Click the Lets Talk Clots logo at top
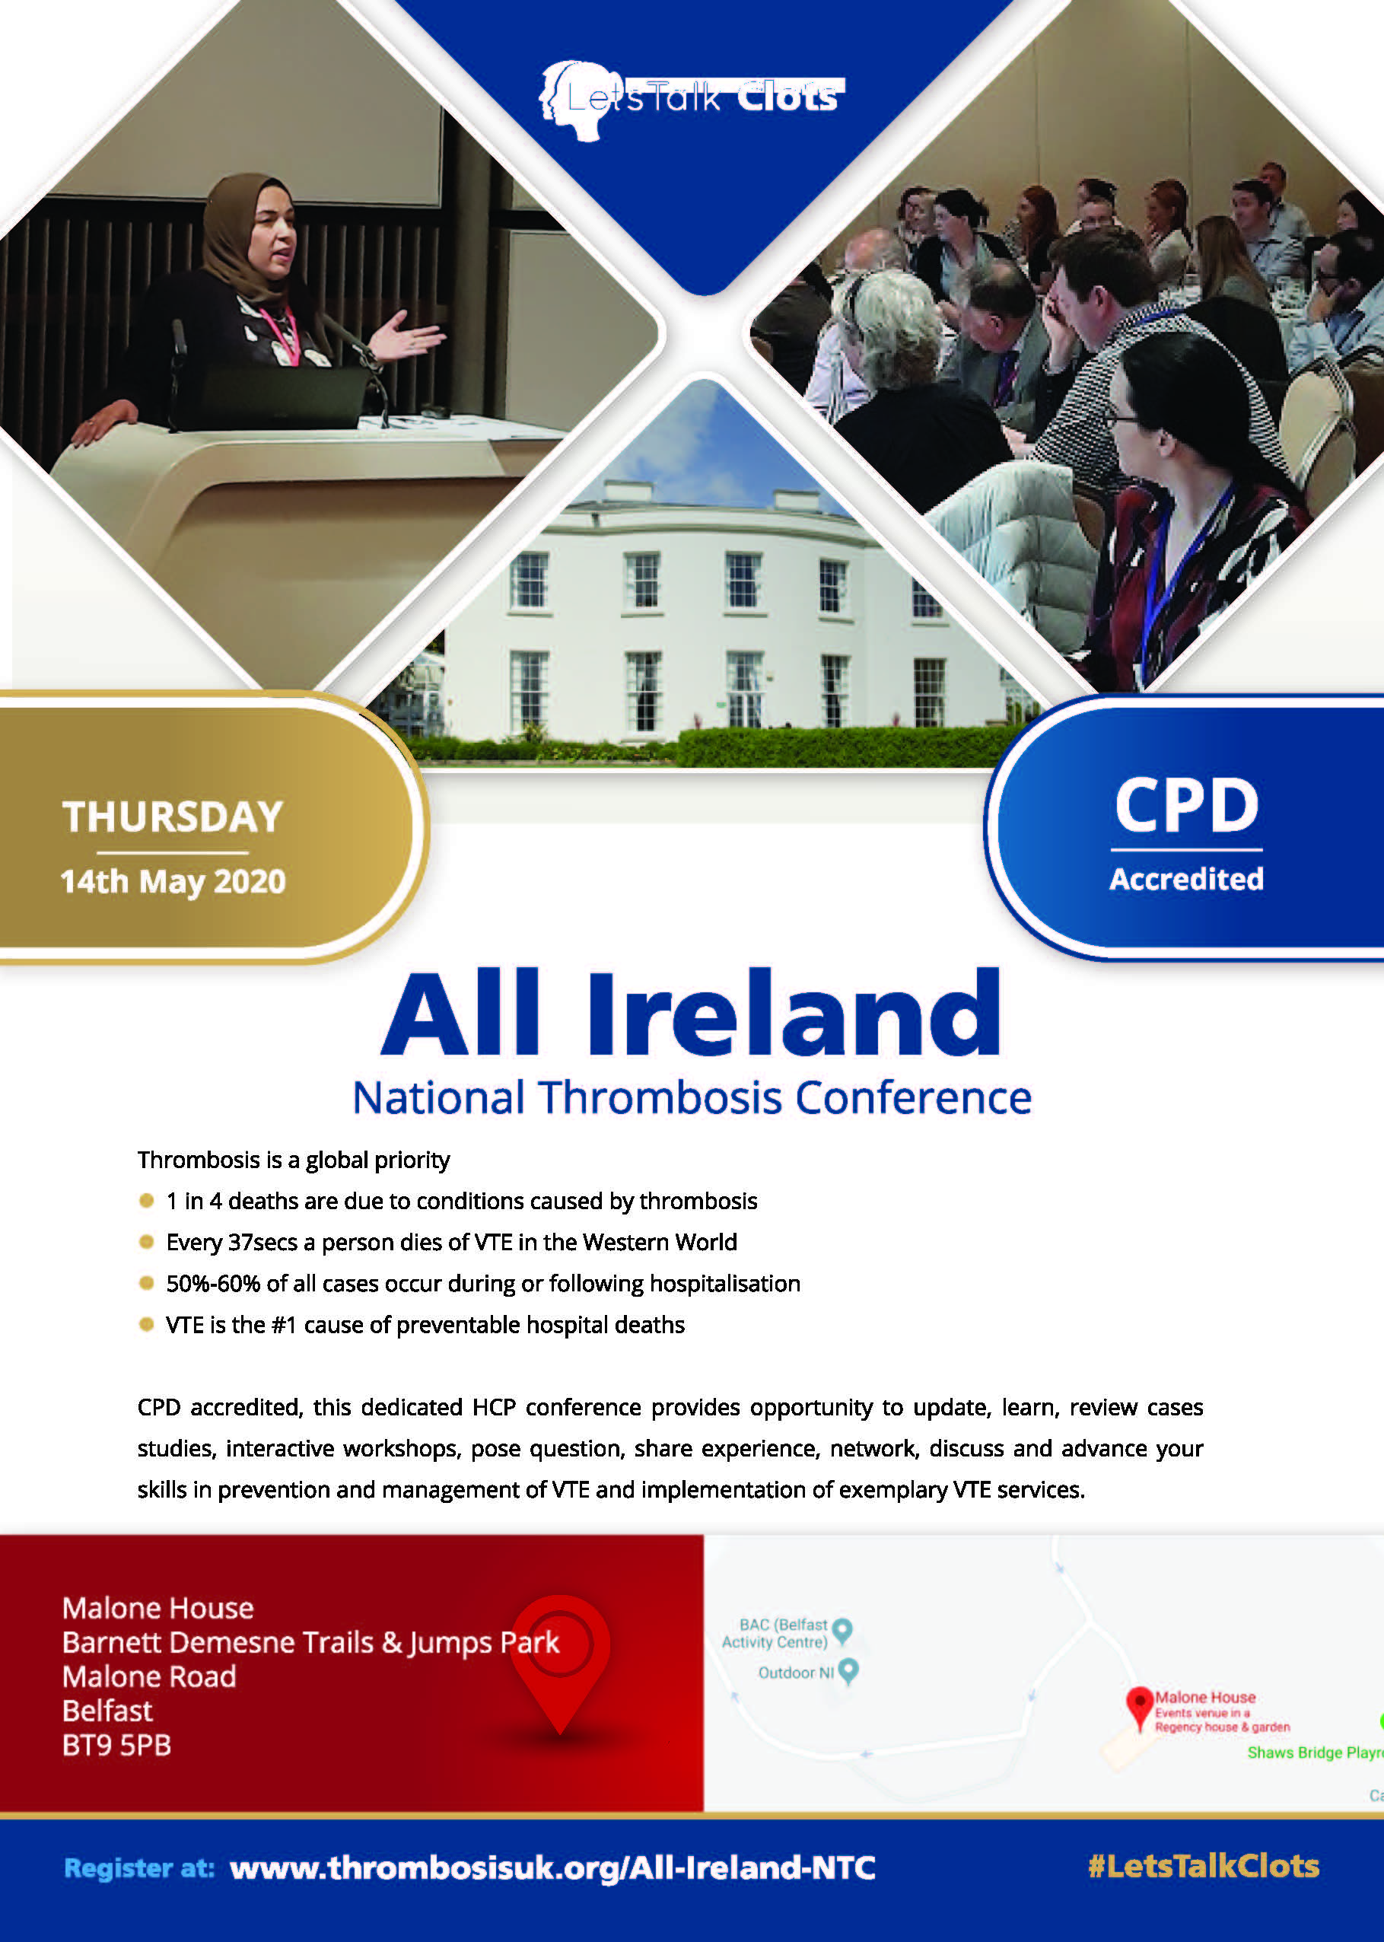[691, 99]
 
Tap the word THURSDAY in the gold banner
[172, 817]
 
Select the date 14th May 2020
[173, 882]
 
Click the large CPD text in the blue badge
[1186, 805]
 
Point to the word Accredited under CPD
[1186, 879]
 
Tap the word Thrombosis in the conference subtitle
[660, 1097]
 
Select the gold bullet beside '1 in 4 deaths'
[147, 1201]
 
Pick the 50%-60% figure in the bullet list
[213, 1283]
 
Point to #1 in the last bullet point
[284, 1325]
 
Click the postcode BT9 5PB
[116, 1745]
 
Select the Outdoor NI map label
[796, 1673]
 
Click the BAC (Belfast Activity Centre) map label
[775, 1634]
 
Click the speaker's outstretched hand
[409, 336]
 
